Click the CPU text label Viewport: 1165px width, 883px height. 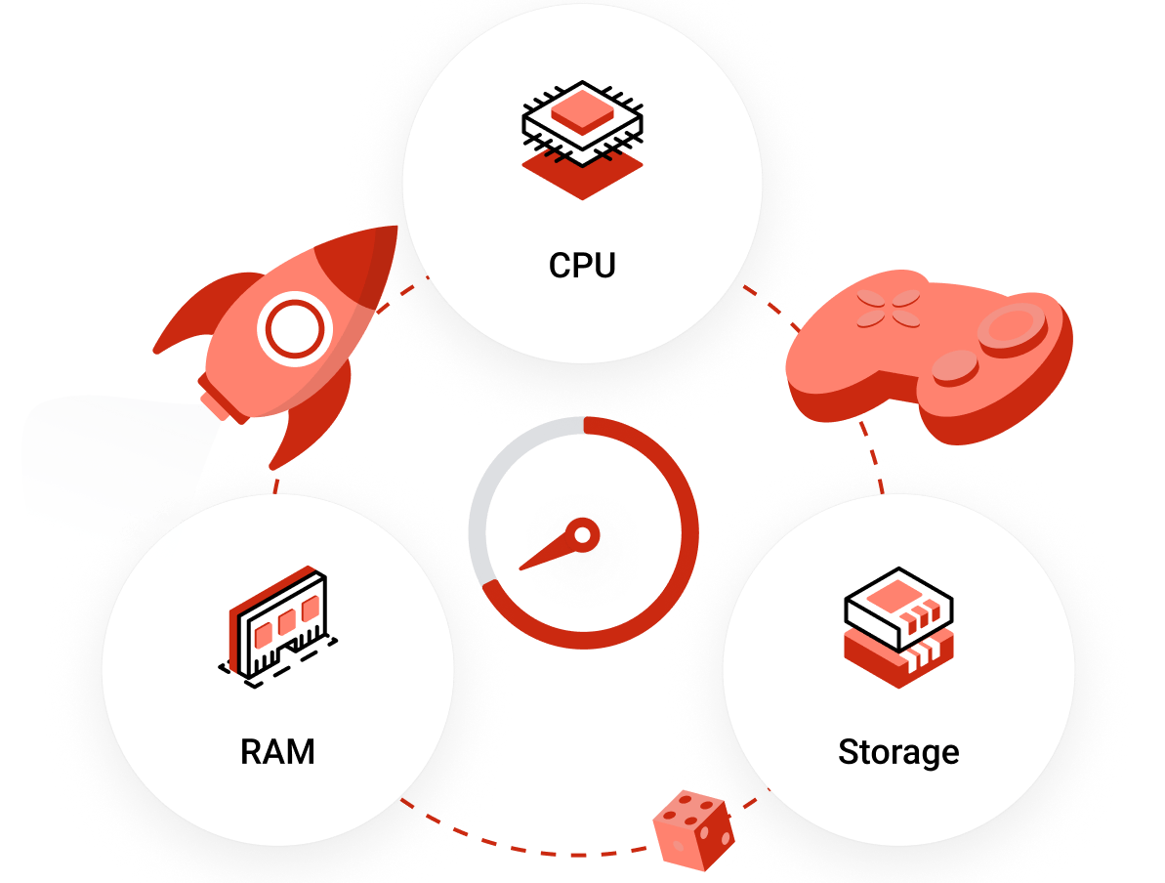tap(582, 266)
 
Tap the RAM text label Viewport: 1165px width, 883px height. tap(277, 752)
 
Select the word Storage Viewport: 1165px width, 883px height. tap(898, 752)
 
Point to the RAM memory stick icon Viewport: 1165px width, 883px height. tap(278, 625)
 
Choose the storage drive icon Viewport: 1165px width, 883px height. tap(897, 630)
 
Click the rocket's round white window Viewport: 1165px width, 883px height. tap(291, 330)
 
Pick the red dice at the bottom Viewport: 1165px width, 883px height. tap(693, 829)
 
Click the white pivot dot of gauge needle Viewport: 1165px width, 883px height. tap(582, 534)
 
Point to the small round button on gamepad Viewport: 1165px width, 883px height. tap(954, 369)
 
